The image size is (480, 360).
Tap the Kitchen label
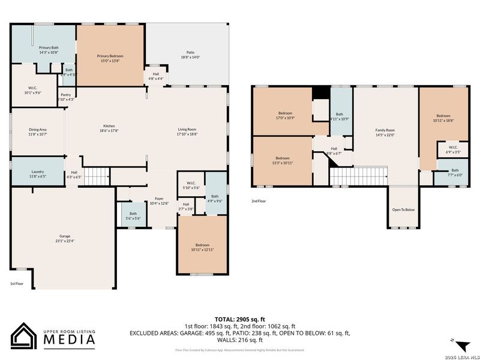tap(109, 128)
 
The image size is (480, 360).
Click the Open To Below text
tap(403, 209)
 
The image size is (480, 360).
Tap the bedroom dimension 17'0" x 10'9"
tap(285, 117)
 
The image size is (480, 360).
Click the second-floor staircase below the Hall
tap(358, 176)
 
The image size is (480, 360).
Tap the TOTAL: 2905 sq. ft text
tap(240, 319)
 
